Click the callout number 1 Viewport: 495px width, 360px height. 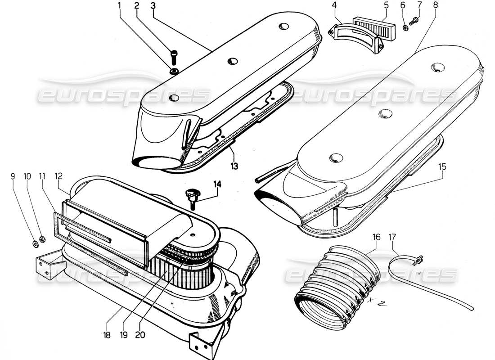tap(119, 6)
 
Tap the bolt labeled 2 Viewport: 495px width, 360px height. tap(174, 57)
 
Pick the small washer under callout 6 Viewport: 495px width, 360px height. tap(405, 27)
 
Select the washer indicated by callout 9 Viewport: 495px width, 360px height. tap(35, 244)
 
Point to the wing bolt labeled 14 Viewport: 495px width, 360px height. tap(191, 197)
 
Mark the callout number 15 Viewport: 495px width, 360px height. tap(442, 166)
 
